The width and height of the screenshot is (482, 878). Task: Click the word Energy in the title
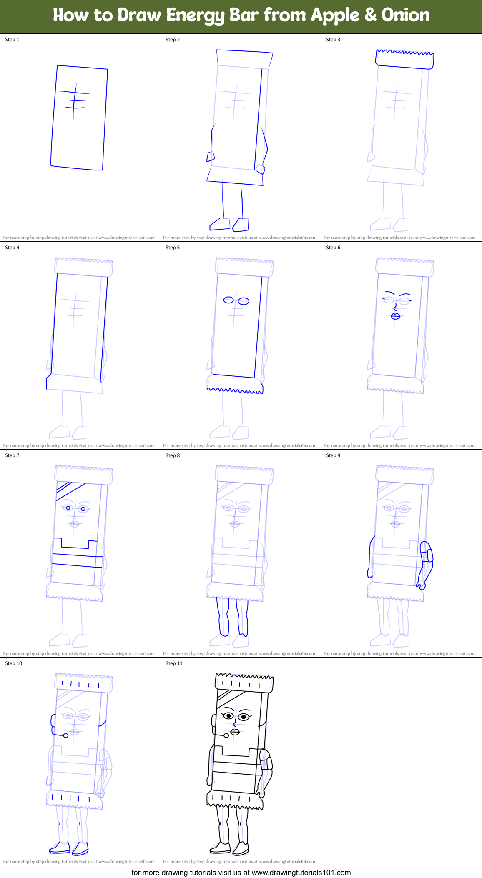pyautogui.click(x=195, y=16)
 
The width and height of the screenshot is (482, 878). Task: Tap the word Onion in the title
pyautogui.click(x=405, y=15)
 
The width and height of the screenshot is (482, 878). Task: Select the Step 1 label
pyautogui.click(x=12, y=40)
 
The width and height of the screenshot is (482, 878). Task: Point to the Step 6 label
pyautogui.click(x=333, y=248)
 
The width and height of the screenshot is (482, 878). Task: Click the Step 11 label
pyautogui.click(x=174, y=663)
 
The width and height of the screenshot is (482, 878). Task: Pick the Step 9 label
pyautogui.click(x=333, y=455)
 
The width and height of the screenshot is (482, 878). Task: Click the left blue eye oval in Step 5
pyautogui.click(x=229, y=300)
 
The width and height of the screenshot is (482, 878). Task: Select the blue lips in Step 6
pyautogui.click(x=395, y=316)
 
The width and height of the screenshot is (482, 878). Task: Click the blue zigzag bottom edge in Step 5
pyautogui.click(x=235, y=390)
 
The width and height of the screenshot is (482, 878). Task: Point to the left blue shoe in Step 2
pyautogui.click(x=219, y=224)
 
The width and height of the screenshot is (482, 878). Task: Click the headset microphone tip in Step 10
pyautogui.click(x=65, y=735)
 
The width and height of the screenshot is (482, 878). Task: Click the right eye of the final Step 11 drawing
pyautogui.click(x=244, y=717)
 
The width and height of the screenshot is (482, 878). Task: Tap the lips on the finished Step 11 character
pyautogui.click(x=235, y=732)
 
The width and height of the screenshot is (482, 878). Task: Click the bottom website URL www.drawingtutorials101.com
pyautogui.click(x=301, y=872)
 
